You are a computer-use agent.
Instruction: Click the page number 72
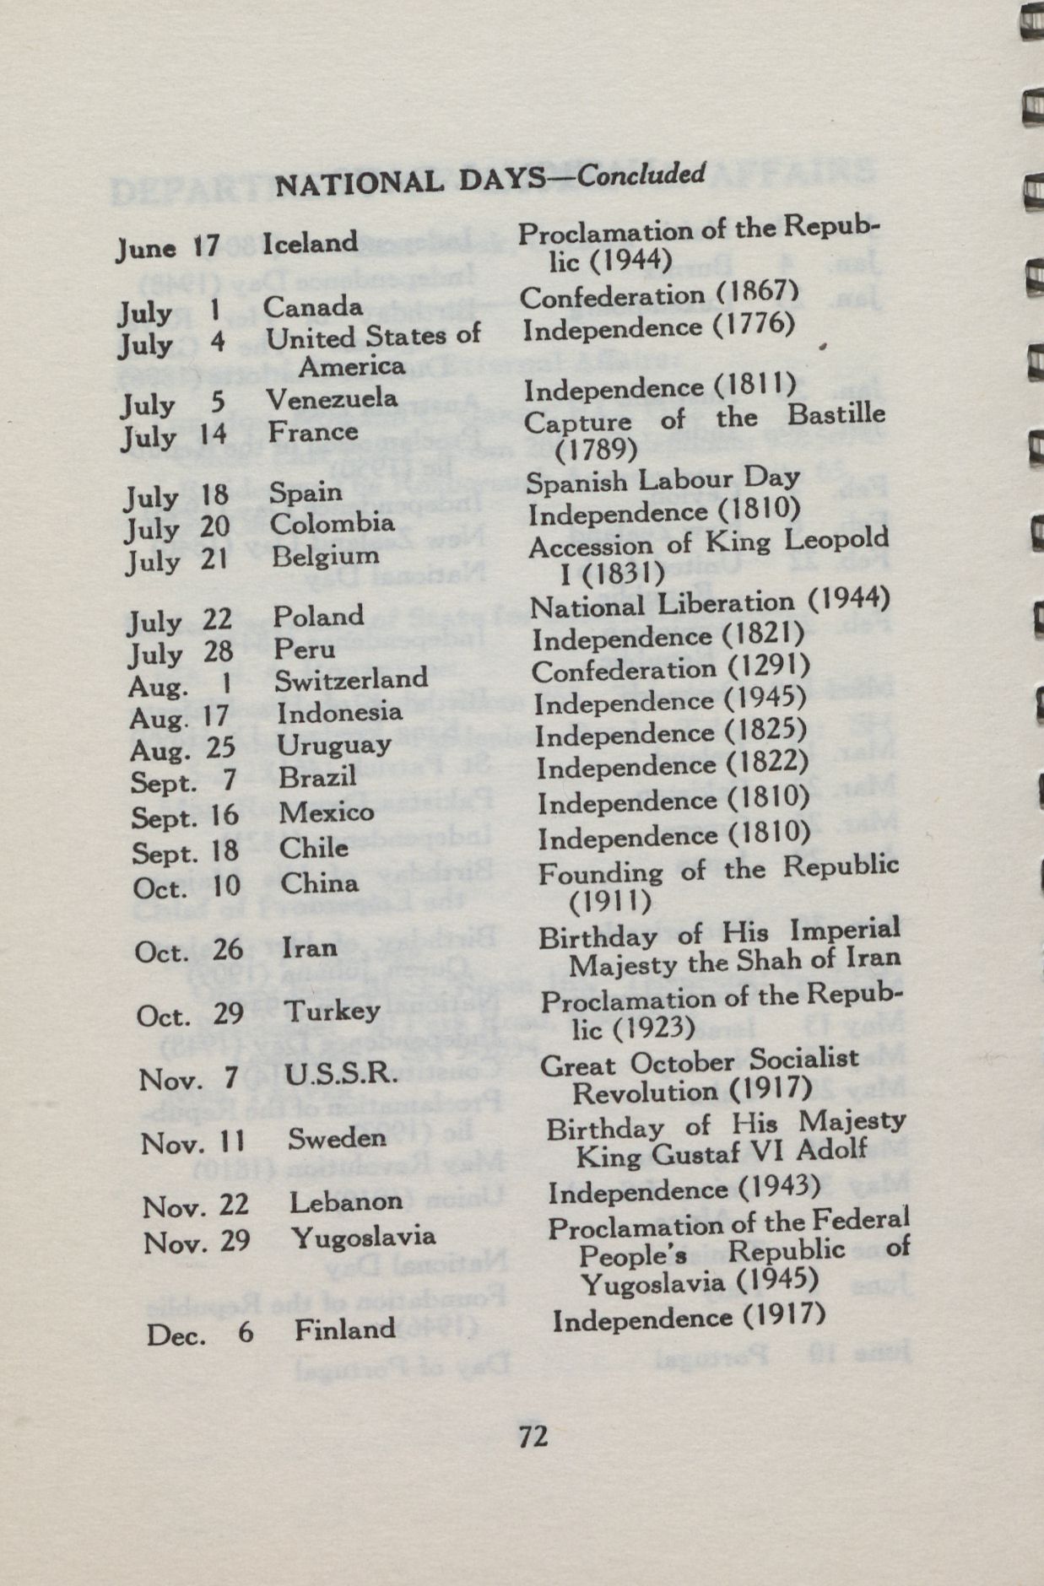[533, 1434]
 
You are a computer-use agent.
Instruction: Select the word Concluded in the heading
[641, 175]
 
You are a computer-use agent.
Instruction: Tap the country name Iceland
[311, 243]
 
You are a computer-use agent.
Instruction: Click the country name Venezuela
[332, 398]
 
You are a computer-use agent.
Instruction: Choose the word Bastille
[836, 415]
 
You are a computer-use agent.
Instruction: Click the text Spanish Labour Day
[663, 480]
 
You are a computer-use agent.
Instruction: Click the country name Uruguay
[334, 746]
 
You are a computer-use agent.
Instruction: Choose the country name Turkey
[332, 1011]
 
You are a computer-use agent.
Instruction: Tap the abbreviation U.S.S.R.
[340, 1075]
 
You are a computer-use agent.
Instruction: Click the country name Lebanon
[346, 1202]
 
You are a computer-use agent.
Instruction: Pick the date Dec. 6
[199, 1334]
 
